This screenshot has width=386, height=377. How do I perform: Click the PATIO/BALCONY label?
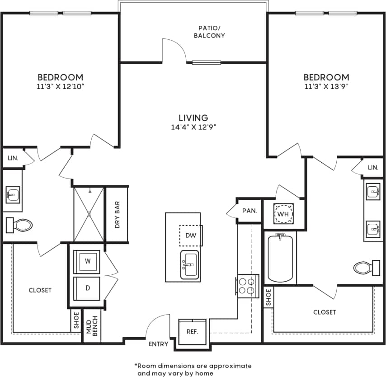click(x=209, y=31)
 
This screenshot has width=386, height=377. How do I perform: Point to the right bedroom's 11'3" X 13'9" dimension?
click(x=326, y=86)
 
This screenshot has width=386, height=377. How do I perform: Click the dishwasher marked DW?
click(x=190, y=235)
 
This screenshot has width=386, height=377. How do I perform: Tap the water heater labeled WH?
click(x=283, y=213)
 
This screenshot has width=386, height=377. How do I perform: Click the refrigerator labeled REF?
click(x=193, y=331)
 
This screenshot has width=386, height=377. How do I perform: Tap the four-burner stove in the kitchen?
click(x=247, y=286)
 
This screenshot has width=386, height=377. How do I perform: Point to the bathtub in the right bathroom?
click(x=282, y=258)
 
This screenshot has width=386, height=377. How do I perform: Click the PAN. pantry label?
click(x=249, y=211)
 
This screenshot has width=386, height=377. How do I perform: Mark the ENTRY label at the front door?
click(x=159, y=344)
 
